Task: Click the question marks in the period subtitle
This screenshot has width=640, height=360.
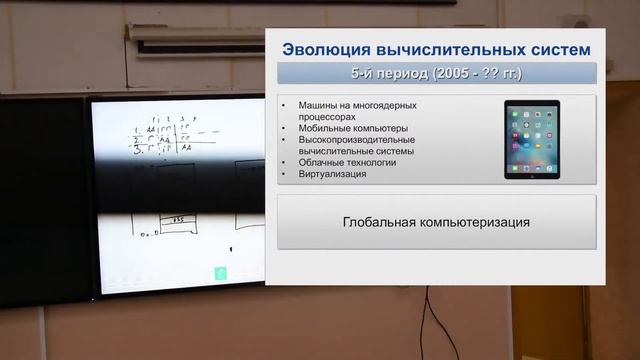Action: (489, 74)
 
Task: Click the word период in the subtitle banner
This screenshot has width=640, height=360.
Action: (397, 74)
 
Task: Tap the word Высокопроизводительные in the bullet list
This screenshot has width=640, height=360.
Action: (356, 139)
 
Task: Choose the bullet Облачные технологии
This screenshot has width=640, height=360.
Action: (347, 162)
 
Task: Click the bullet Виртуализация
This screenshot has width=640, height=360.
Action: (331, 174)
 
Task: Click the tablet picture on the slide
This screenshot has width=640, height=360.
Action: (532, 139)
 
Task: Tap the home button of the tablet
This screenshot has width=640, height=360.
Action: (532, 174)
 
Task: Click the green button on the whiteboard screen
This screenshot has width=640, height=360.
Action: (220, 273)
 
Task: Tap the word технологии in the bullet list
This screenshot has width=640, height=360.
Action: (371, 162)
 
